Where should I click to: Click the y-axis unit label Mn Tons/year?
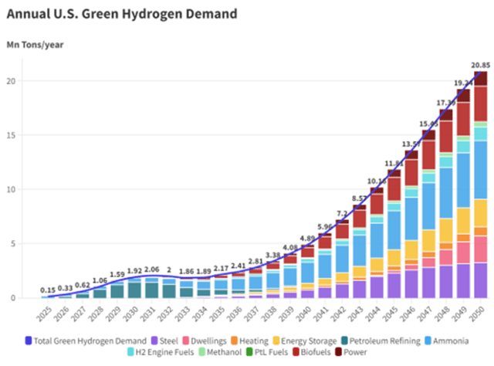coord(36,44)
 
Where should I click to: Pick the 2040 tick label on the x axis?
coord(306,315)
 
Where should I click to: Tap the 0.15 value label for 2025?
coord(49,290)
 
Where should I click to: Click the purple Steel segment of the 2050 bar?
coord(479,280)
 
